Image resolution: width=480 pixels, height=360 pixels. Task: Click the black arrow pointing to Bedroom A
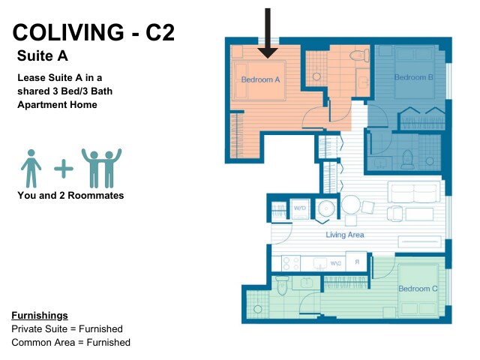268,33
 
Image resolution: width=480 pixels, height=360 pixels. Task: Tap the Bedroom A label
260,79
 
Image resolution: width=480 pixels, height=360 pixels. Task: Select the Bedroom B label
413,77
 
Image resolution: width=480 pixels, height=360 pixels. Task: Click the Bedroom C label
418,289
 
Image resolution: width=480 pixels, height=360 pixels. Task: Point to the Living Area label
345,235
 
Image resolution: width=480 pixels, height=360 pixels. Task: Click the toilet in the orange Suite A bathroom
359,55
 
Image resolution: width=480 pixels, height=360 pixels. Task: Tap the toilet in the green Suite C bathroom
282,285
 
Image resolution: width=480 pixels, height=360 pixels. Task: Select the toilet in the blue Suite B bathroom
407,160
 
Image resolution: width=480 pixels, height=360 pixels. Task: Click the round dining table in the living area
351,205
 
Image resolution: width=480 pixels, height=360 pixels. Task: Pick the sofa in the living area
414,192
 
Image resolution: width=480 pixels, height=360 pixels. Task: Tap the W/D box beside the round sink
300,208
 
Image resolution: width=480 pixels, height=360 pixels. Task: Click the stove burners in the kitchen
290,263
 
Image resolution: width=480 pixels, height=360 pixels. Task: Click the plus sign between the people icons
64,168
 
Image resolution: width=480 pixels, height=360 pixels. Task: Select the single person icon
31,168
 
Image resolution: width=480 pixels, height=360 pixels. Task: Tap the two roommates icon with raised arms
102,168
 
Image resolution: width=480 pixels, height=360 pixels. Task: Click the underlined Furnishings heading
40,315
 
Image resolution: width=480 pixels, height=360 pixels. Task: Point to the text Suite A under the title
43,55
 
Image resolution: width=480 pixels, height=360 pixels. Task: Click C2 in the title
160,32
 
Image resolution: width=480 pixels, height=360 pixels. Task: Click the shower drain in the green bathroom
258,309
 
